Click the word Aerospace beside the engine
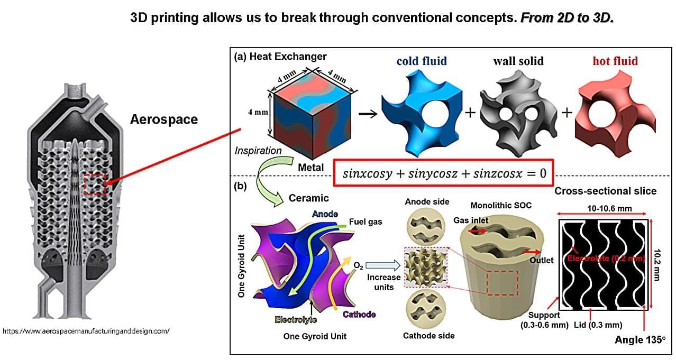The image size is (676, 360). [x=164, y=119]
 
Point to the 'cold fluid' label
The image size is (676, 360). [x=422, y=61]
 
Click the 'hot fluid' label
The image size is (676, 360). [x=615, y=61]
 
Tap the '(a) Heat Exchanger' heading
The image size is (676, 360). [x=280, y=57]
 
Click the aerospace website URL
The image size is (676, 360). [x=86, y=331]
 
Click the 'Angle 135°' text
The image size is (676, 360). [x=640, y=340]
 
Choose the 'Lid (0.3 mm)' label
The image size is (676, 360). [x=598, y=325]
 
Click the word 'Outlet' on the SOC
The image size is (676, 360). [x=541, y=260]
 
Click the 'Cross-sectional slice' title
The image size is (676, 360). [x=605, y=191]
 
